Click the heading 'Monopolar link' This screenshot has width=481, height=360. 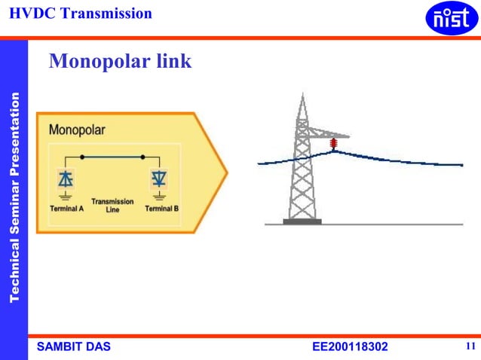coord(120,62)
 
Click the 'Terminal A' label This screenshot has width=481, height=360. coord(66,208)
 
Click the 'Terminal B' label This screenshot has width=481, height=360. coord(161,208)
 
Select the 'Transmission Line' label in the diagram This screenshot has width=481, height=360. coord(112,205)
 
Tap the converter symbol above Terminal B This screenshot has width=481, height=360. coord(159,178)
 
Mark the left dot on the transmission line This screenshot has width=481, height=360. coord(81,157)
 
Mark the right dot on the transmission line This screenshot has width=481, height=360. coord(143,157)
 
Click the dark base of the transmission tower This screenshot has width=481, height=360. coord(302,221)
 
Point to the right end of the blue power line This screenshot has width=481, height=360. coord(461,165)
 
